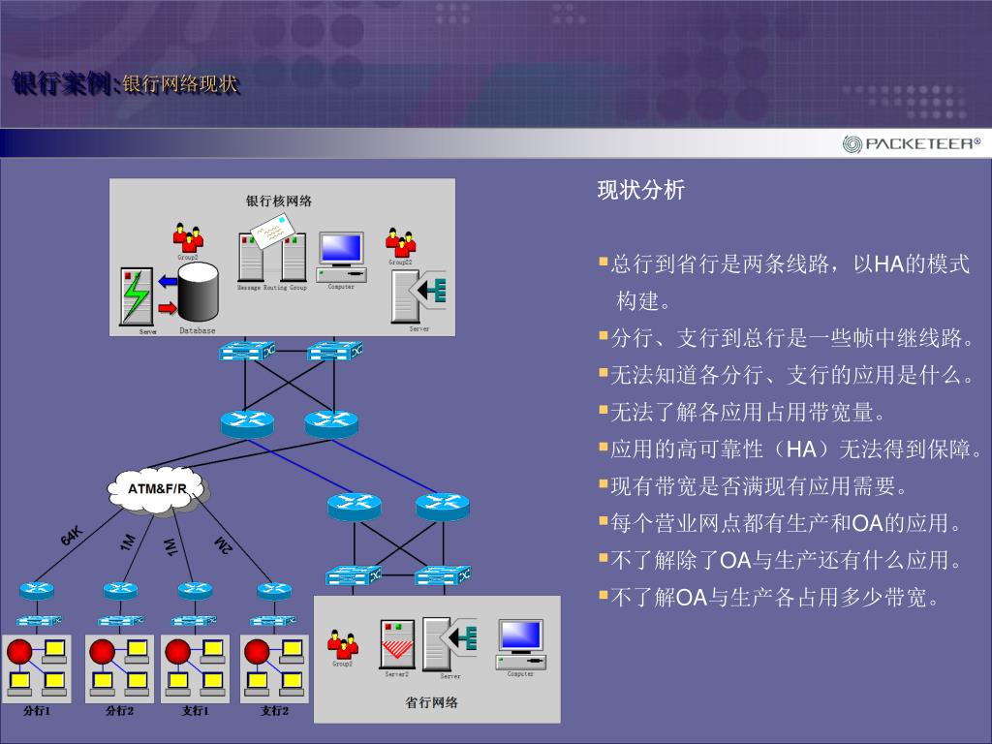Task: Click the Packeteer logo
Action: pos(911,144)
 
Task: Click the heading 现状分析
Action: pos(640,190)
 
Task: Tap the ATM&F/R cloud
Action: pos(157,488)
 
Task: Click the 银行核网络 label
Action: pos(279,201)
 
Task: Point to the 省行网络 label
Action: pos(431,703)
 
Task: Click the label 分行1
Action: pos(37,711)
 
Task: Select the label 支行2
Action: pos(275,711)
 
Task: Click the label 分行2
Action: pos(119,711)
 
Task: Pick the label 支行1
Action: pos(196,711)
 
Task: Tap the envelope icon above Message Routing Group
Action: pos(270,230)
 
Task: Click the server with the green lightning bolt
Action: pos(137,296)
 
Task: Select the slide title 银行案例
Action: pos(64,84)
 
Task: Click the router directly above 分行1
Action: pos(37,589)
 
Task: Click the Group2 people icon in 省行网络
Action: pos(342,643)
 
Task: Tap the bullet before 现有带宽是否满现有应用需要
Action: pos(603,482)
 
